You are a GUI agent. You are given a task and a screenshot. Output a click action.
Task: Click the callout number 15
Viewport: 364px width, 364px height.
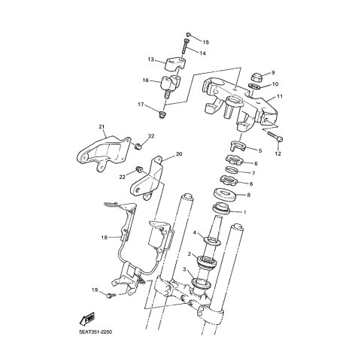pyautogui.click(x=205, y=42)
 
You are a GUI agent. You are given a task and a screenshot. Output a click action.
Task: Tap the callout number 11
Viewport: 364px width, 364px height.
pyautogui.click(x=280, y=96)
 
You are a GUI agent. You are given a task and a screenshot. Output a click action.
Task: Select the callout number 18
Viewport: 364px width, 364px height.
pyautogui.click(x=105, y=237)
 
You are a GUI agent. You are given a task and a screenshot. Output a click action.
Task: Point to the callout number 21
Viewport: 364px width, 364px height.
pyautogui.click(x=102, y=127)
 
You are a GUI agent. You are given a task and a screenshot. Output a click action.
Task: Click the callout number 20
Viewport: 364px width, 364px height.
pyautogui.click(x=179, y=154)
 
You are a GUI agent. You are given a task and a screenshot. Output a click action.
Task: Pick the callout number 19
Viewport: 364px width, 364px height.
pyautogui.click(x=95, y=290)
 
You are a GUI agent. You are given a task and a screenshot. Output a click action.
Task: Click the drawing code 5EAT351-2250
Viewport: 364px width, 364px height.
pyautogui.click(x=96, y=332)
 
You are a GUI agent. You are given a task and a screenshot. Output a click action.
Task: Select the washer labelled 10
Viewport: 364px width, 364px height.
pyautogui.click(x=254, y=86)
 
